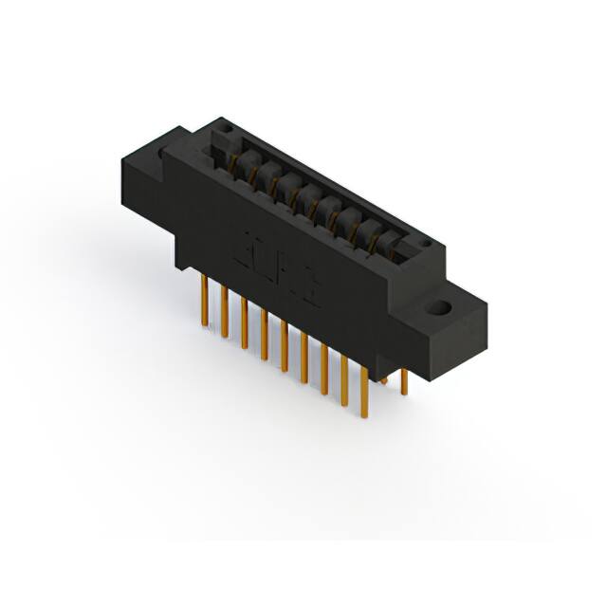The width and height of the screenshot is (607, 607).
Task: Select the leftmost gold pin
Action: pyautogui.click(x=205, y=301)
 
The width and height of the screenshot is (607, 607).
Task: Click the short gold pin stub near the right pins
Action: pyautogui.click(x=383, y=379)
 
